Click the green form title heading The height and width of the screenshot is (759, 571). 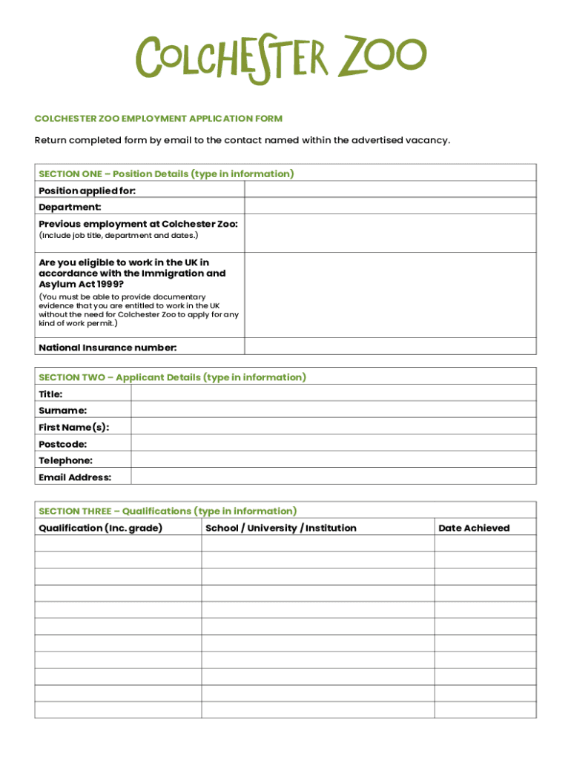pos(159,119)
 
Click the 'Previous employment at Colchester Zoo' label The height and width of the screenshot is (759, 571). pos(138,224)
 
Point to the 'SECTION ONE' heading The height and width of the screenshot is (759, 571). pos(166,173)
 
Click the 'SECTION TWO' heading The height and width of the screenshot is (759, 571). pos(172,377)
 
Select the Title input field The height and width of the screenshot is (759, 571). pos(333,394)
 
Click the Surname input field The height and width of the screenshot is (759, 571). pos(333,410)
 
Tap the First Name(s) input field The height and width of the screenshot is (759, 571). pos(333,426)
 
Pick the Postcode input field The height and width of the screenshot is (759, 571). pos(333,443)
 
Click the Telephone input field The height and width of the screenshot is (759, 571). pos(333,460)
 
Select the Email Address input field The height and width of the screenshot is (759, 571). pos(333,477)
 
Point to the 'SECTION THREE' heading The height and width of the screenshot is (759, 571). pos(168,511)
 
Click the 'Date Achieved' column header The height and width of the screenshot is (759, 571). pos(474,528)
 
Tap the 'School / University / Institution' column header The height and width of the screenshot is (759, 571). pos(280,528)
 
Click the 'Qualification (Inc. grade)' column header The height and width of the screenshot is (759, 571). pos(100,528)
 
